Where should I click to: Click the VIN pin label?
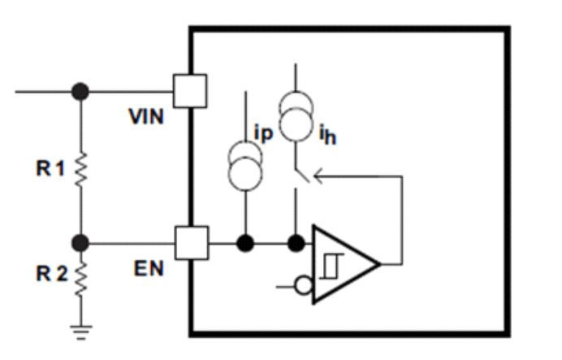(146, 117)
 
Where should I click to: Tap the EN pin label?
(148, 268)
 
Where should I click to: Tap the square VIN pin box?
(190, 90)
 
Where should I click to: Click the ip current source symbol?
(244, 160)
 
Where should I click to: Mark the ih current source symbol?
(293, 114)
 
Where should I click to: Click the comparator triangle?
(342, 264)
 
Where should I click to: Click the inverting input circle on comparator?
(303, 286)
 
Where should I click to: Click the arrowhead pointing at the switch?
(319, 173)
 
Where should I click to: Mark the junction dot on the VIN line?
(80, 91)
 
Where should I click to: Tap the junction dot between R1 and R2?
(80, 242)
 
